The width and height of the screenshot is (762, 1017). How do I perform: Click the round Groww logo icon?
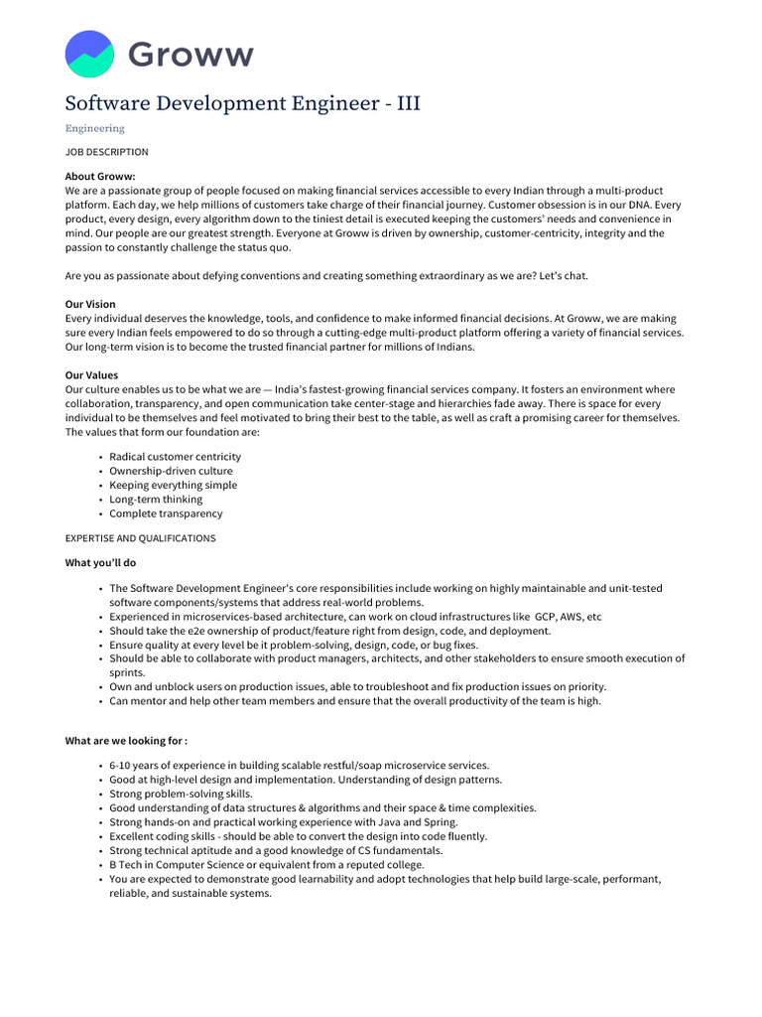pos(89,54)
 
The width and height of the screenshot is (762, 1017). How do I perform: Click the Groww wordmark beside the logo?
pos(190,55)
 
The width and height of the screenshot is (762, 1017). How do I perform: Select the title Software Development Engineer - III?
pos(243,103)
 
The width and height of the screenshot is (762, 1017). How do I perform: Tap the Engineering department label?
pos(95,128)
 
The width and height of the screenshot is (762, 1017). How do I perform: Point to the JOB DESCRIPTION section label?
pos(107,152)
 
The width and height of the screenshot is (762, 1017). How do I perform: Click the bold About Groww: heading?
pos(100,176)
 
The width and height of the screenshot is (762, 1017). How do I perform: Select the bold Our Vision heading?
pos(90,304)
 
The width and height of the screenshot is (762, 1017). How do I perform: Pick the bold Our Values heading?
pos(91,375)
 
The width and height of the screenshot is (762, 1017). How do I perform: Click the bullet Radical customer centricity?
pos(175,457)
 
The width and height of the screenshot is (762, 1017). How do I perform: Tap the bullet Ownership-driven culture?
pos(171,471)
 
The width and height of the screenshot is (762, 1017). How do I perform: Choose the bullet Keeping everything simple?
pos(173,485)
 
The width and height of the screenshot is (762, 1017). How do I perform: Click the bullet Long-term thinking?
pos(156,500)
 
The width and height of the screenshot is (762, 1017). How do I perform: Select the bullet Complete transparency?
pos(166,513)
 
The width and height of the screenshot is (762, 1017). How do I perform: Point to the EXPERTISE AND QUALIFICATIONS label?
pos(140,538)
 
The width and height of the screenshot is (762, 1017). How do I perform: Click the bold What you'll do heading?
pos(99,563)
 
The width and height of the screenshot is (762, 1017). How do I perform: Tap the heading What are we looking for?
pos(126,741)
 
